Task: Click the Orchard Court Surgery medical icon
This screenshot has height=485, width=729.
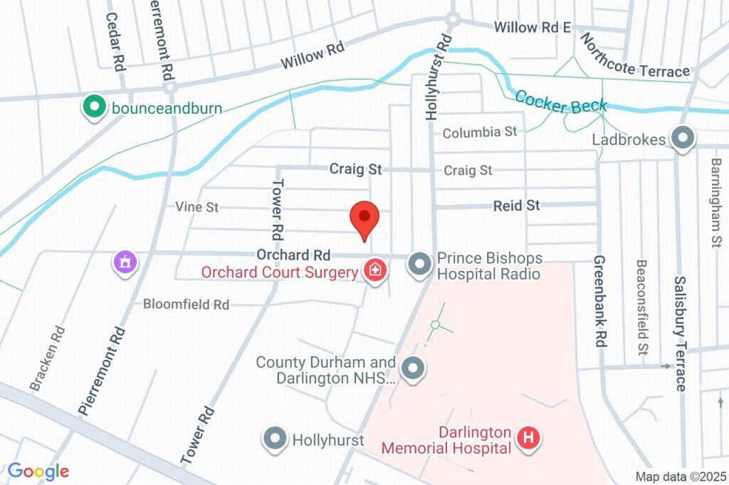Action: [x=374, y=271]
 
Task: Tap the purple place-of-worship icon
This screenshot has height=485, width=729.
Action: [x=125, y=262]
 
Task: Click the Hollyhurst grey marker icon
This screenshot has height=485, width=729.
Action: [x=276, y=439]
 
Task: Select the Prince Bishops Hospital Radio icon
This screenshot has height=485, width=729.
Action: [x=419, y=265]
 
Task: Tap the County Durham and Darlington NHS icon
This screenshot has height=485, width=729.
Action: [x=412, y=369]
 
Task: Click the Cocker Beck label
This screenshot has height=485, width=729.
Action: [x=561, y=102]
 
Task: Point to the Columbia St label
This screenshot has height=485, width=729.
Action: [x=480, y=132]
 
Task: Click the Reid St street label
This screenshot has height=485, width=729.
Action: [x=517, y=206]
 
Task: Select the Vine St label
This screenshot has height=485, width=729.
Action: [x=197, y=207]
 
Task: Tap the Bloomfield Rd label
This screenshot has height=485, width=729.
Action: [x=186, y=304]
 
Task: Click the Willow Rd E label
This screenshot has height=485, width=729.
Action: [x=533, y=28]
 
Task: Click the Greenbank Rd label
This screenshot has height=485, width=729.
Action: [x=599, y=301]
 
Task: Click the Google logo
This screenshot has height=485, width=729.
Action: [x=38, y=471]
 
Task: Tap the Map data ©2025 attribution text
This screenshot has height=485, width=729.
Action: [x=680, y=476]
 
